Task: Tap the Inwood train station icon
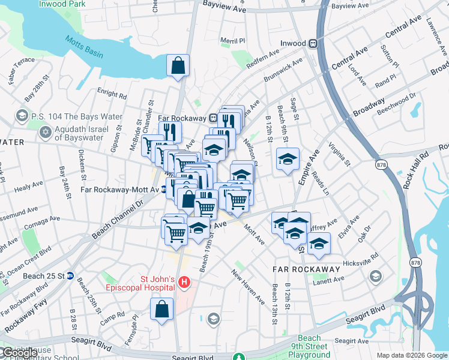pyautogui.click(x=313, y=43)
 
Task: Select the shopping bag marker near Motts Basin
pyautogui.click(x=178, y=66)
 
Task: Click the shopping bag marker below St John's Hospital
pyautogui.click(x=162, y=310)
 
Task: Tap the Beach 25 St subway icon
pyautogui.click(x=70, y=276)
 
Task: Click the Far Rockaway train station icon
pyautogui.click(x=213, y=118)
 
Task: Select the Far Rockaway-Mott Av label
pyautogui.click(x=119, y=190)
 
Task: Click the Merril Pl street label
pyautogui.click(x=233, y=41)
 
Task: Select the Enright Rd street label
pyautogui.click(x=112, y=94)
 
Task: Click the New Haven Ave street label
pyautogui.click(x=249, y=286)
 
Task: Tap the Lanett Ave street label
pyautogui.click(x=329, y=279)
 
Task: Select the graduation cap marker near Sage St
pyautogui.click(x=288, y=160)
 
